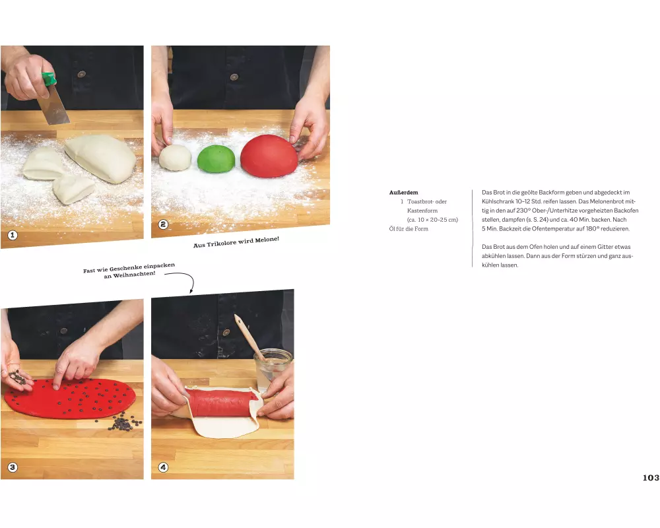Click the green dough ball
click(216, 159)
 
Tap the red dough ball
click(269, 156)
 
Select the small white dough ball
click(175, 158)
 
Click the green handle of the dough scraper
click(49, 79)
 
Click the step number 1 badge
click(13, 235)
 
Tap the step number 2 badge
click(163, 224)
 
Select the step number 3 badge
click(13, 467)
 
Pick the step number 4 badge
click(163, 467)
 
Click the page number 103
click(651, 477)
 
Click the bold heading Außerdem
click(404, 193)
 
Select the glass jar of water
click(273, 370)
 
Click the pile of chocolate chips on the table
click(125, 422)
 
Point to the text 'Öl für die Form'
click(409, 228)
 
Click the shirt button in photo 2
click(234, 77)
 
